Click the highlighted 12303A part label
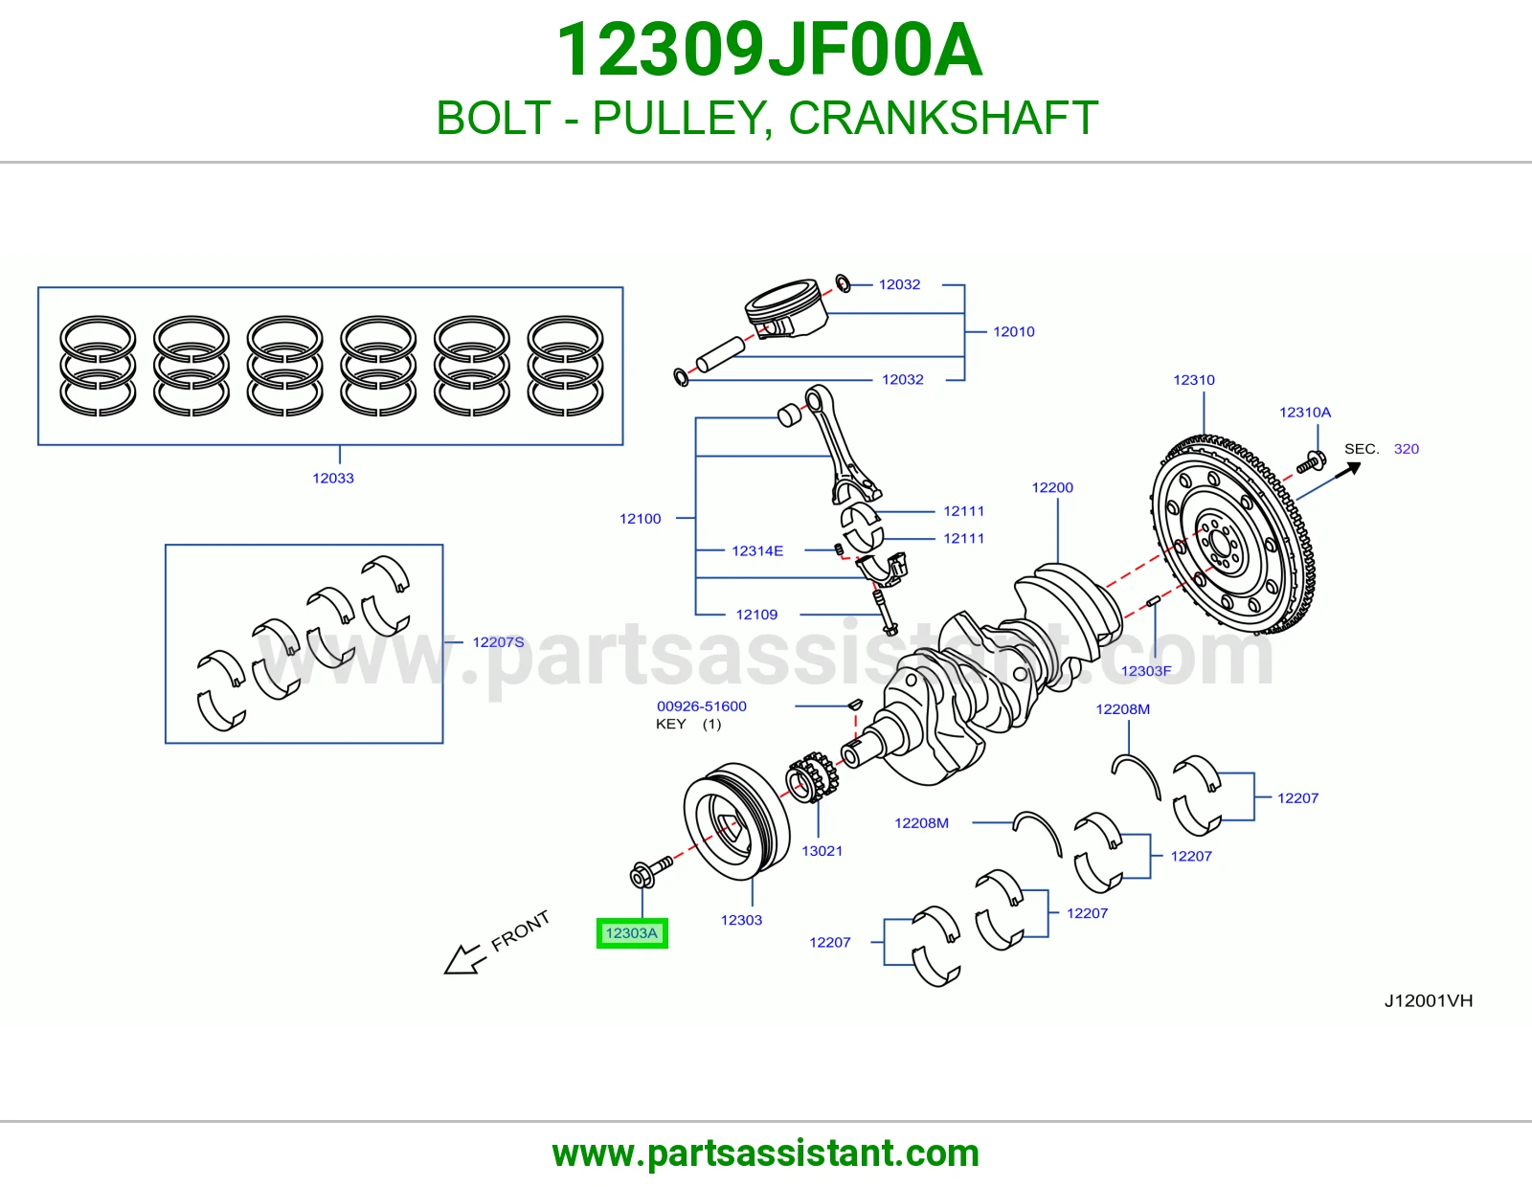point(632,933)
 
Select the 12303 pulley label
point(741,920)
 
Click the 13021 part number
point(822,851)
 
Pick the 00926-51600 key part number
point(702,706)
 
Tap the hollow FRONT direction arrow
point(466,959)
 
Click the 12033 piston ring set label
point(333,478)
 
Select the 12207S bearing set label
point(499,642)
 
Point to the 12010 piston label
point(1014,331)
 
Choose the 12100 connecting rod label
point(641,519)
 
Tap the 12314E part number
point(757,550)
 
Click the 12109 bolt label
point(756,615)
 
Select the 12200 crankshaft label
point(1052,488)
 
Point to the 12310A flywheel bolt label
point(1305,413)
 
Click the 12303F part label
point(1146,671)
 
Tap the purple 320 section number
point(1407,449)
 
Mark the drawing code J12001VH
point(1429,1001)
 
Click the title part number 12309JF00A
point(769,50)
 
